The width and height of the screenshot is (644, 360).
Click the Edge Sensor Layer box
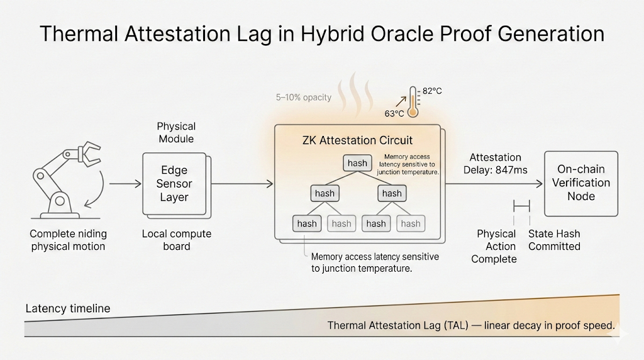point(175,183)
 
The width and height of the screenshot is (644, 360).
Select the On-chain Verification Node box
point(580,183)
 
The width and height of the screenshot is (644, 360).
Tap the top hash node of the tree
point(357,163)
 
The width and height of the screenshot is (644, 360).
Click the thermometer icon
point(413,101)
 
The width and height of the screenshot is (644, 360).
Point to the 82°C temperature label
point(432,91)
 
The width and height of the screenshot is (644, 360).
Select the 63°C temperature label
point(394,114)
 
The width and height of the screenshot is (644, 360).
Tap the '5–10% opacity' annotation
point(303,98)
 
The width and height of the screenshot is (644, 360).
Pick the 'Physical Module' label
point(176,132)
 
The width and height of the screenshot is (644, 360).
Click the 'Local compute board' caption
point(176,240)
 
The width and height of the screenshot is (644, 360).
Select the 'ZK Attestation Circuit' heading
point(357,140)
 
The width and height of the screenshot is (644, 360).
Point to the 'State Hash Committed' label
point(554,240)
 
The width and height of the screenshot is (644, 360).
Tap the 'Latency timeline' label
point(68,308)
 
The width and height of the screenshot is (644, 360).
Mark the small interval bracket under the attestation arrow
point(522,205)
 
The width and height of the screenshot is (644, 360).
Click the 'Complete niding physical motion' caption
point(68,240)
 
